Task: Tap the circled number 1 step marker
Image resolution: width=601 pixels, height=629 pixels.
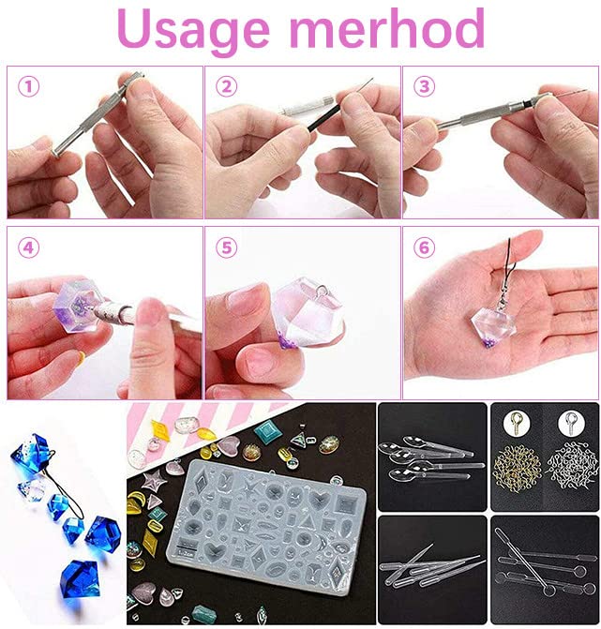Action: point(30,87)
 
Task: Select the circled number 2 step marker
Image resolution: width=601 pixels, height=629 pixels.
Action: point(227,87)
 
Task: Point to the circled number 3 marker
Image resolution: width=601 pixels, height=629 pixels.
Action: point(425,87)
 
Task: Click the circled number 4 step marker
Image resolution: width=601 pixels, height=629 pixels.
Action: point(30,248)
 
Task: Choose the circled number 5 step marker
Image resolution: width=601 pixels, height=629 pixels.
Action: point(227,248)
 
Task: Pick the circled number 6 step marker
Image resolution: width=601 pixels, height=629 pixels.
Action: point(425,248)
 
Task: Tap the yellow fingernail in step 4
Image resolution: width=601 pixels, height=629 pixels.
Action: point(81,357)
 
